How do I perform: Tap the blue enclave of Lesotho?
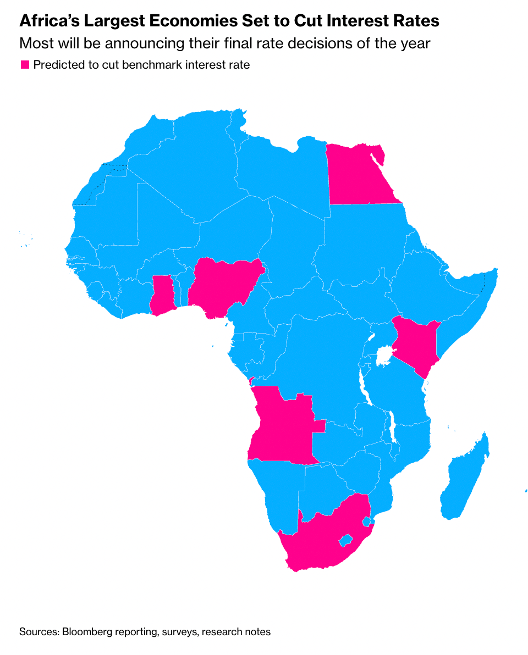(345, 540)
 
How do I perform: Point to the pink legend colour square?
(25, 65)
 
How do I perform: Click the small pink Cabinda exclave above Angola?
(251, 381)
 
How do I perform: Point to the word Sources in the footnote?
(39, 632)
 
